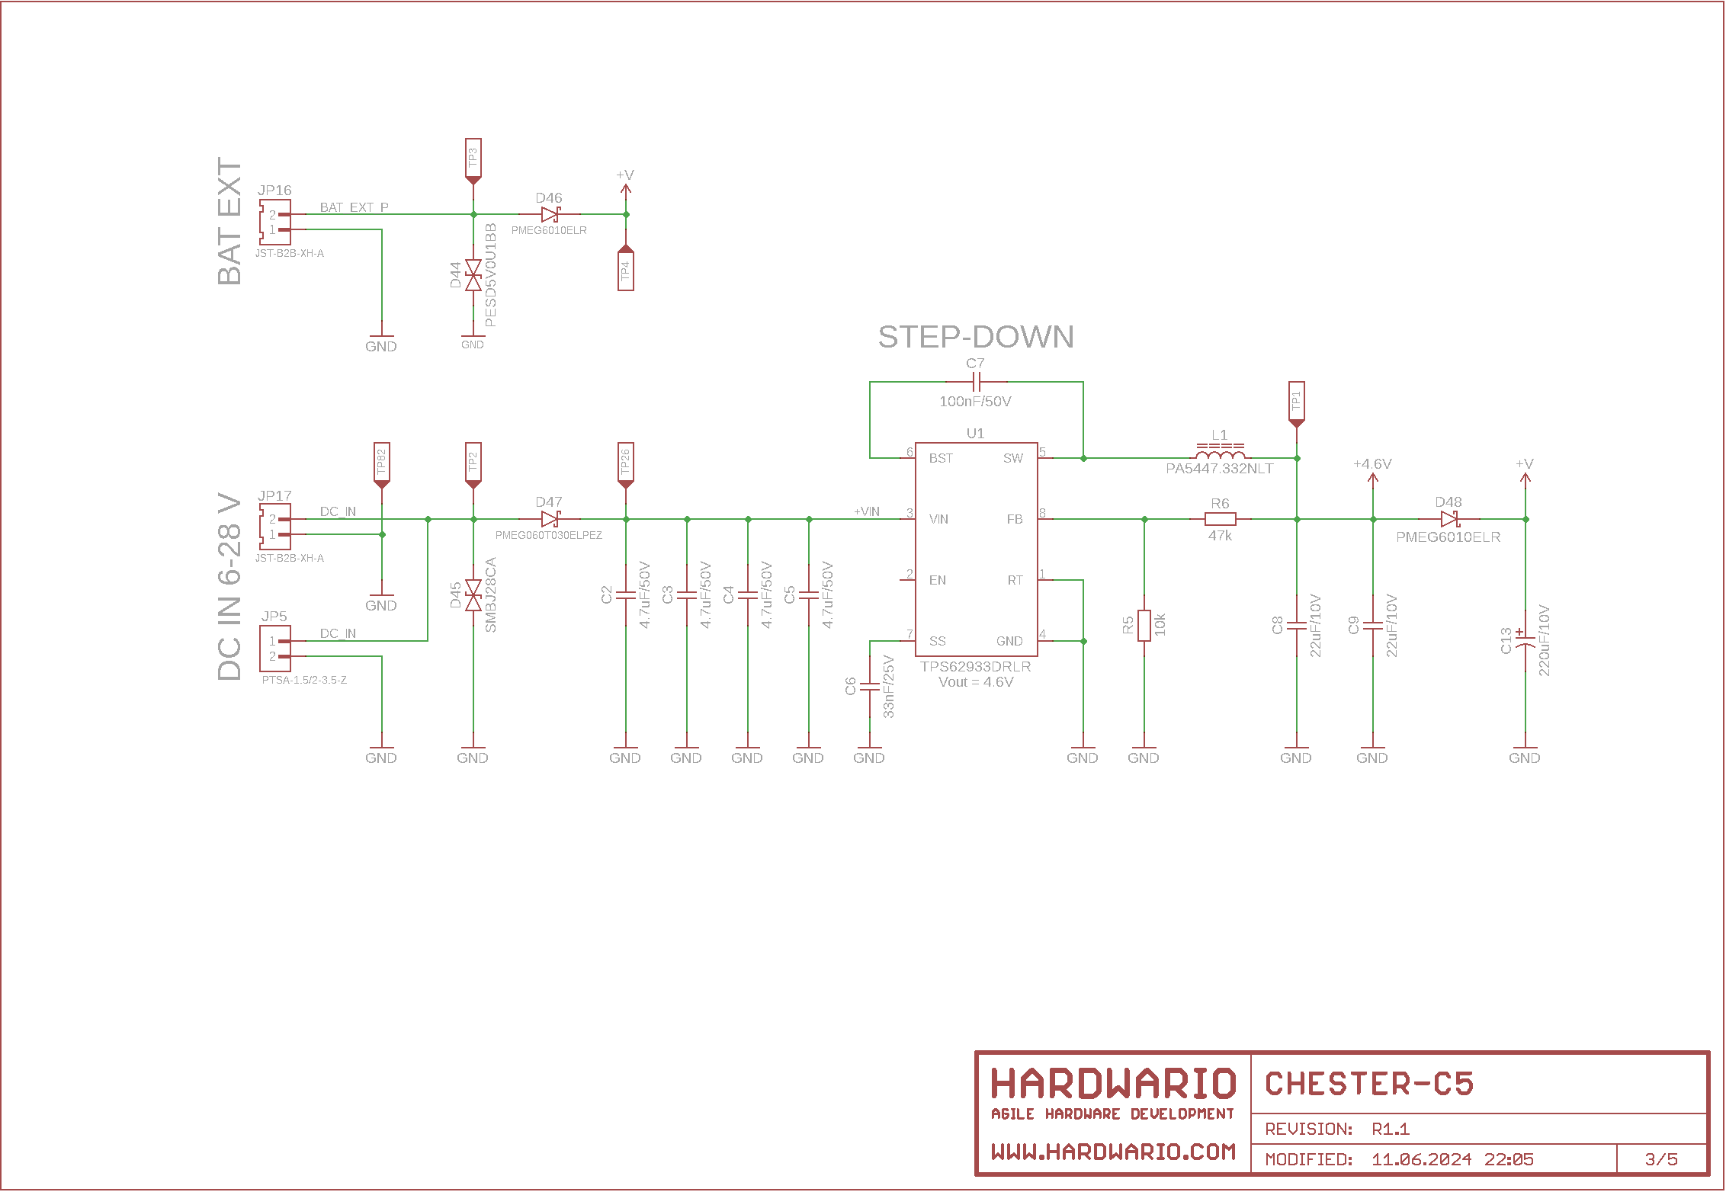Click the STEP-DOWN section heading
976,337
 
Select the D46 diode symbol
550,215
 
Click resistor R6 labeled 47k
1220,519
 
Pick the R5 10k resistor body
1144,626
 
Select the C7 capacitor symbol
976,382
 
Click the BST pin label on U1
941,458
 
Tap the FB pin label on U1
1014,519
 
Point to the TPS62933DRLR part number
976,667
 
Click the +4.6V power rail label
1372,464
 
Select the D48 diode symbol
1448,519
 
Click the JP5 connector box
274,649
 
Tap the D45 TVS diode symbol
473,595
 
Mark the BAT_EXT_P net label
354,207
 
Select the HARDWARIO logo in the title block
1113,1085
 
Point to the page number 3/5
1661,1159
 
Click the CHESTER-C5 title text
1369,1085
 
